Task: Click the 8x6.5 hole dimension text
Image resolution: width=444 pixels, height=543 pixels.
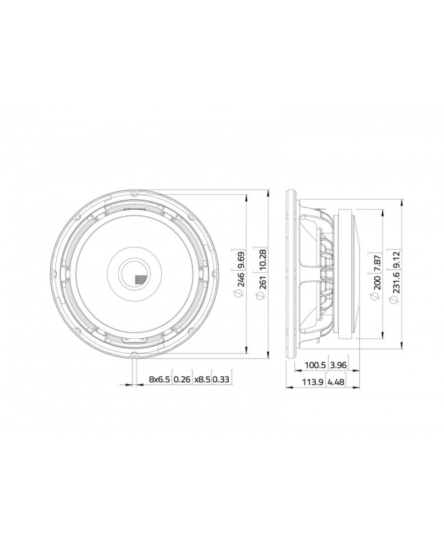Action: click(158, 379)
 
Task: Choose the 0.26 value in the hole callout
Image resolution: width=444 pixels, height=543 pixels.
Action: click(182, 379)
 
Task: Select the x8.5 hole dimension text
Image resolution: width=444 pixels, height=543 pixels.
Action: click(202, 379)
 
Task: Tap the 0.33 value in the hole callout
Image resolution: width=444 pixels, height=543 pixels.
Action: click(221, 379)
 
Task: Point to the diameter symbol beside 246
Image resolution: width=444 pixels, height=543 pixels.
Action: click(238, 294)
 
